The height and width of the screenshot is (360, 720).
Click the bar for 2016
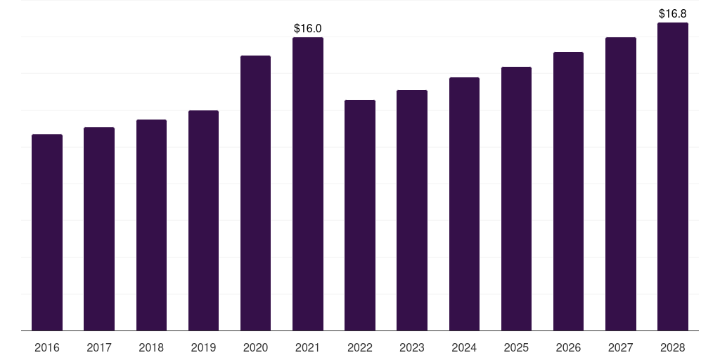[x=47, y=232]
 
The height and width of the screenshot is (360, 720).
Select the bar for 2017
[x=99, y=229]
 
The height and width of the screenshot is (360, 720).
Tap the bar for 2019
[x=203, y=220]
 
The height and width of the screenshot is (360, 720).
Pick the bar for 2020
[x=255, y=193]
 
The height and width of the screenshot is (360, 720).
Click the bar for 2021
[x=308, y=184]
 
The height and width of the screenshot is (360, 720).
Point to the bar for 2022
[x=360, y=215]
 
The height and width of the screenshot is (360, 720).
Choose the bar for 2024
[x=464, y=204]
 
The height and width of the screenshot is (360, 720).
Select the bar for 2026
[x=568, y=191]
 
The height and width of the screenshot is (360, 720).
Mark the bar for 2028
[x=673, y=176]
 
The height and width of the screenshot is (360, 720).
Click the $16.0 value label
[x=308, y=28]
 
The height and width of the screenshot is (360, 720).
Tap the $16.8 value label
[x=673, y=14]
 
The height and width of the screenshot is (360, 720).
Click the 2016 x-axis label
[x=47, y=347]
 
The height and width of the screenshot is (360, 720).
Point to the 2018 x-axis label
[x=151, y=347]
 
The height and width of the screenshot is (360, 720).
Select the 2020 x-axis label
[x=255, y=347]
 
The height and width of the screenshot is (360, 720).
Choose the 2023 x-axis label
[x=412, y=347]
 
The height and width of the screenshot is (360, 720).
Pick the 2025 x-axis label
[x=516, y=347]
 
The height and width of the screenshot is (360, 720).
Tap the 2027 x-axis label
[x=620, y=347]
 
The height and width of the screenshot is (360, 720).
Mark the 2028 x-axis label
[x=673, y=347]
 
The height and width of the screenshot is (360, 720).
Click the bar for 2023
[x=412, y=210]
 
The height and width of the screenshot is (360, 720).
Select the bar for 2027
[x=620, y=184]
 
